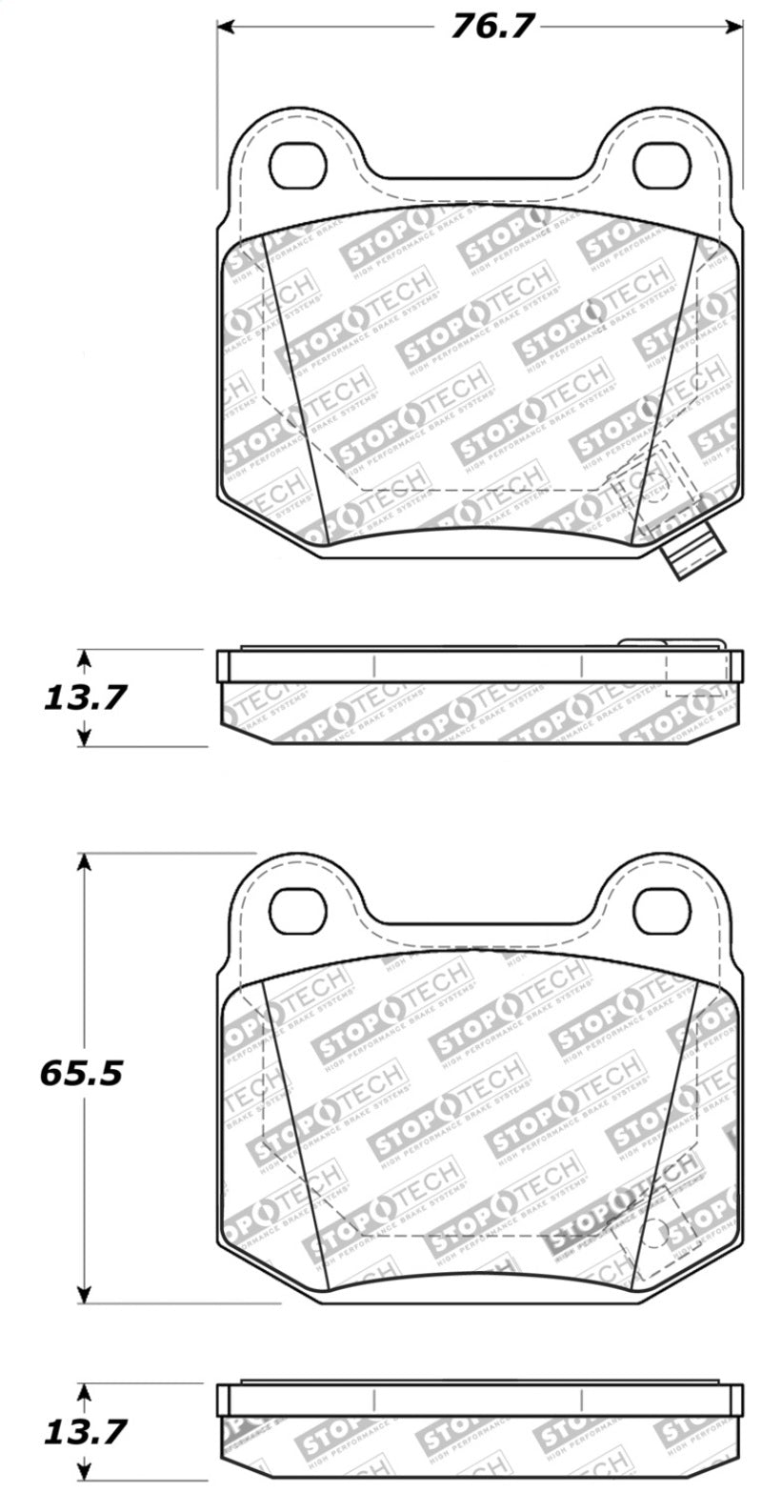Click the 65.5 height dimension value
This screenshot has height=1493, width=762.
tap(81, 1075)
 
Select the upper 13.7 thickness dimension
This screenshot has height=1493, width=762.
tap(84, 698)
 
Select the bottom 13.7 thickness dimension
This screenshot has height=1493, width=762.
tap(84, 1431)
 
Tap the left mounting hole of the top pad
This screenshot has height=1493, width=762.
tap(298, 166)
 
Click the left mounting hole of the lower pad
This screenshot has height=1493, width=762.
tap(298, 909)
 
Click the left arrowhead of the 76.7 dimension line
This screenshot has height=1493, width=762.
tap(225, 27)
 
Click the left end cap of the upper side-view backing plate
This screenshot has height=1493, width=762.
tap(224, 666)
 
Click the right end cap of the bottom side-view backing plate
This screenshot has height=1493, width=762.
tap(736, 1399)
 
